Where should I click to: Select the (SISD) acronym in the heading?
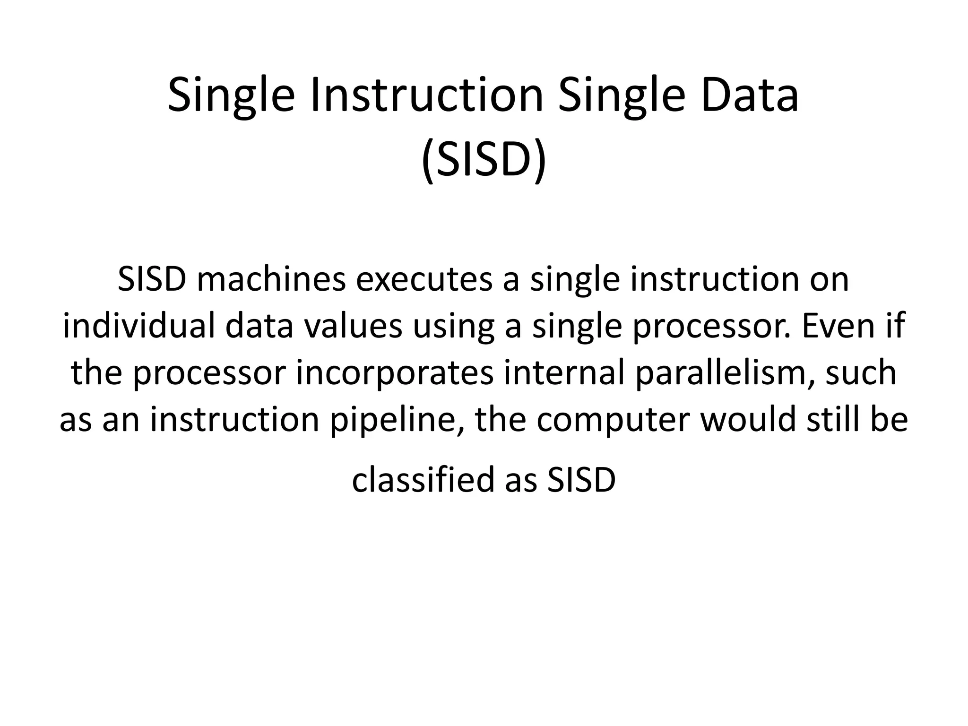[x=484, y=161]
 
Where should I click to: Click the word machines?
[x=271, y=280]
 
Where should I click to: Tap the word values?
[x=353, y=326]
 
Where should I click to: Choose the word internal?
[x=563, y=373]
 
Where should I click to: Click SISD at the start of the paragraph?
[x=152, y=280]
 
